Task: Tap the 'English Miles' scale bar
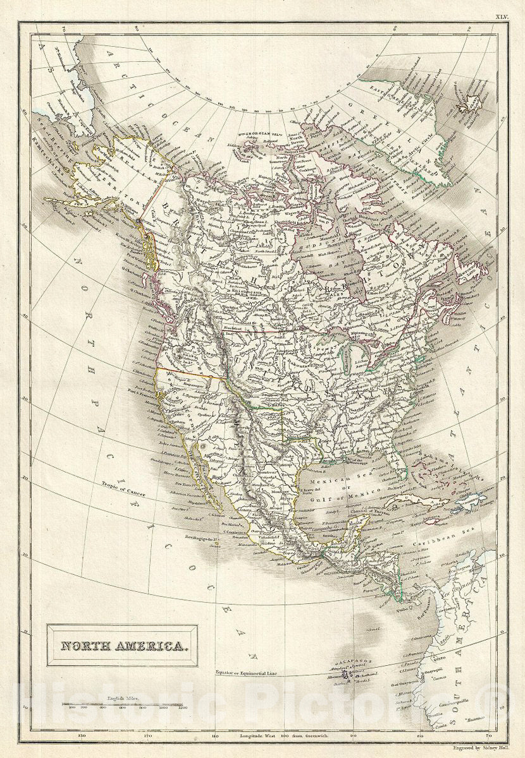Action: (x=121, y=702)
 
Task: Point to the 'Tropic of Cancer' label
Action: (x=124, y=486)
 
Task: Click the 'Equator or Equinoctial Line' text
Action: (x=247, y=672)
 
